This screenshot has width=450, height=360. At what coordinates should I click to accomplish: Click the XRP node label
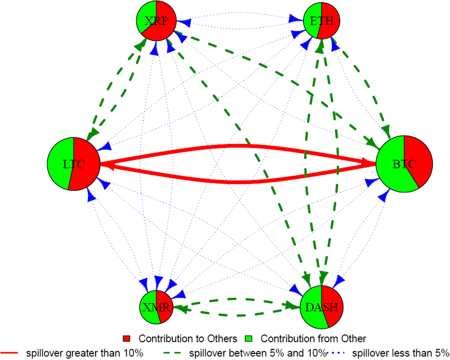tap(156, 21)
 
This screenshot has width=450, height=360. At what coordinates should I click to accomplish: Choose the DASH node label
tap(321, 307)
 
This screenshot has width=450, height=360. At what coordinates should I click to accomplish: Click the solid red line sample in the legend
tap(10, 353)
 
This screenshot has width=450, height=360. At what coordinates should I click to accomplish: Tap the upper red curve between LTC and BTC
tap(236, 145)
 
